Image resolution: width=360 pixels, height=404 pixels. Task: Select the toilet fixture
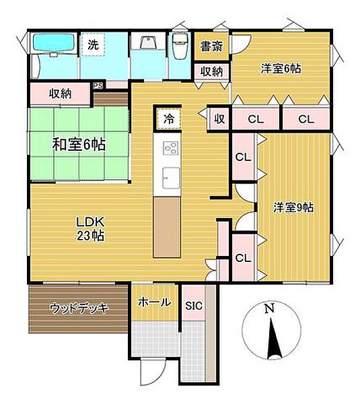tap(180, 47)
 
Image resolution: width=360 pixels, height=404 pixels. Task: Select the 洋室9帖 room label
tap(293, 207)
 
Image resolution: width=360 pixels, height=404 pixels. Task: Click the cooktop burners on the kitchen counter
tap(169, 150)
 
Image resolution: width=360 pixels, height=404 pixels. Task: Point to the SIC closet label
tap(194, 304)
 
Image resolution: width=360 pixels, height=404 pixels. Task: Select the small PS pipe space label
tap(98, 86)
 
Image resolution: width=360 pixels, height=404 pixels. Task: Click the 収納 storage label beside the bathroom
tap(61, 94)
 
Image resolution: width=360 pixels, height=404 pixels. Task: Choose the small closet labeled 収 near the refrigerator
tap(219, 119)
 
